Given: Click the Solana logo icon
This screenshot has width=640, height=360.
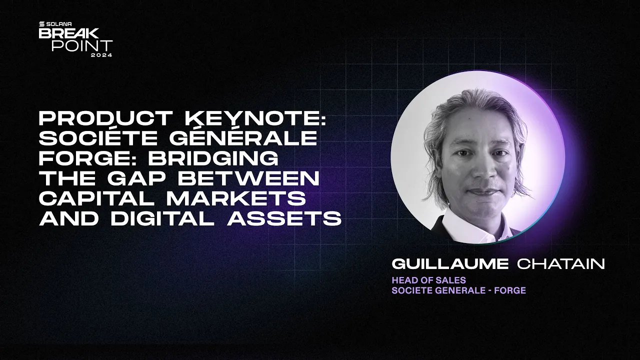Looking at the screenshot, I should (42, 24).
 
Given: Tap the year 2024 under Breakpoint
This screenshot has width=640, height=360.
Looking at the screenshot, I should (101, 54).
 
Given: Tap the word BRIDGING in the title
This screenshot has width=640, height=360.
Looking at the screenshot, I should (212, 158).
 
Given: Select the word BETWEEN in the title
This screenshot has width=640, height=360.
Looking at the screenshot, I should (243, 178).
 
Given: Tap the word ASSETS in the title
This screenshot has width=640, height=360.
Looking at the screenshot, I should (284, 218).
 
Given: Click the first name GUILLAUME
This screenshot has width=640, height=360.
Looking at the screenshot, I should (450, 264).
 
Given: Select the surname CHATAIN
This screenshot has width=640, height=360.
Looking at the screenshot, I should (561, 264).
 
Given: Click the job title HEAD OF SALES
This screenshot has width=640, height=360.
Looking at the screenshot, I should (428, 280).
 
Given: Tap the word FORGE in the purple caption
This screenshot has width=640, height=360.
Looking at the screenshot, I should (509, 290).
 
